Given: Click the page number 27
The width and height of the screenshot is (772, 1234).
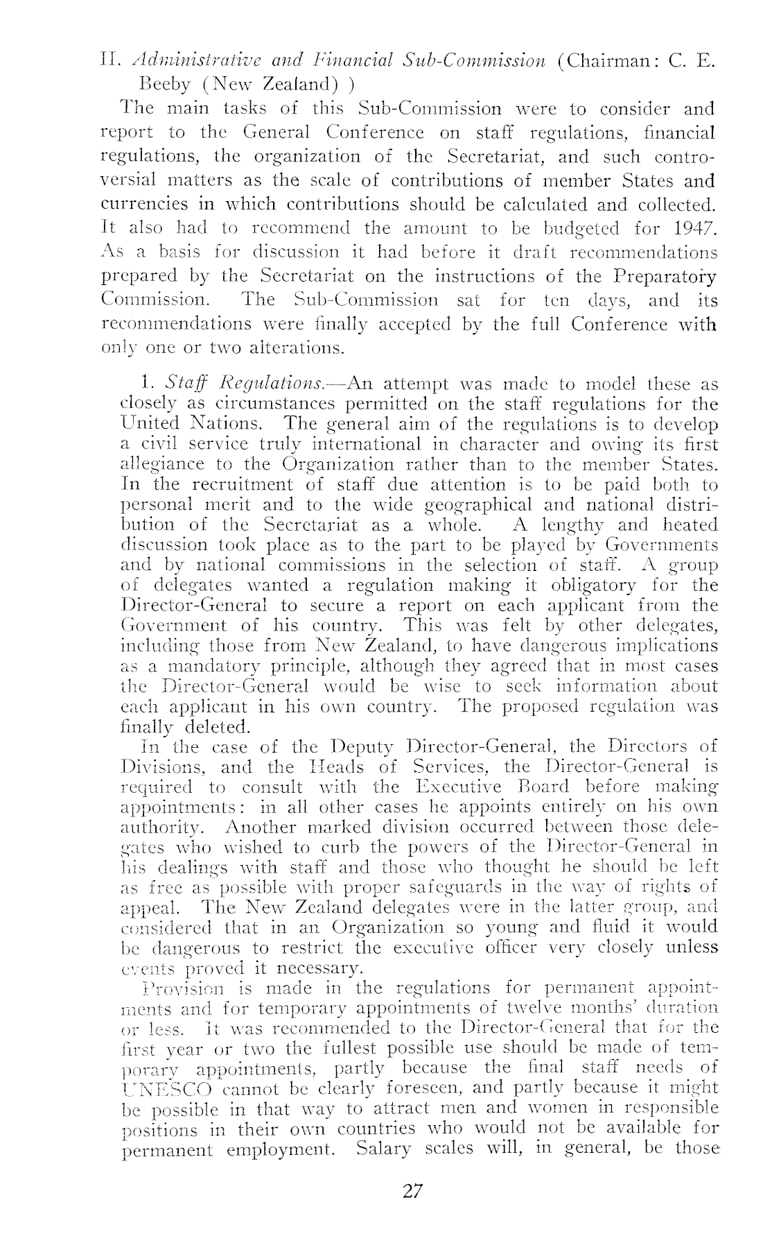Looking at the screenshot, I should (412, 1192).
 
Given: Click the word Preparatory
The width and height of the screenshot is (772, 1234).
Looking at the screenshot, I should (666, 277).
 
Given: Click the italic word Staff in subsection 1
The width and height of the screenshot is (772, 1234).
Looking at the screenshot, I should (186, 384).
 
